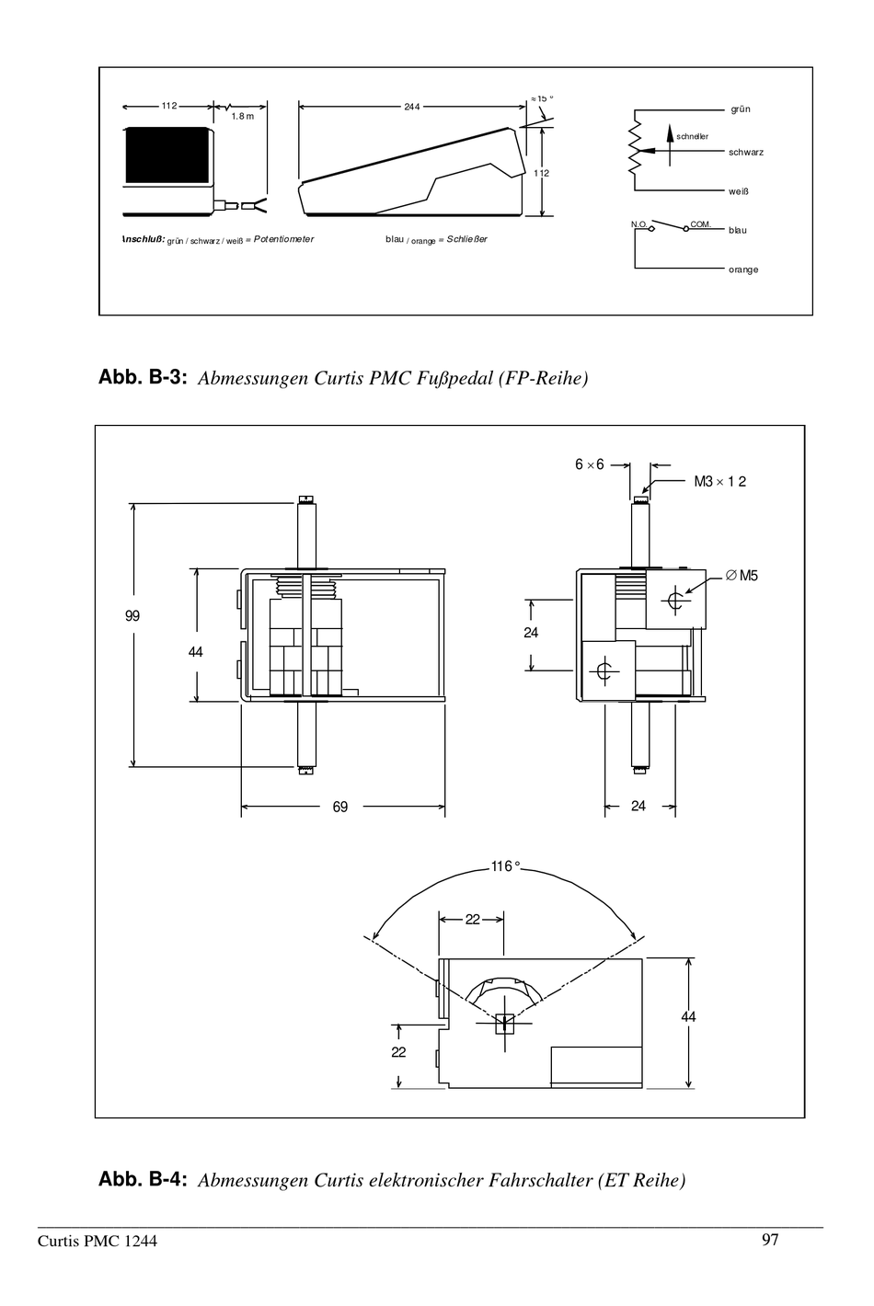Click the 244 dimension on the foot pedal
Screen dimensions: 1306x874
pyautogui.click(x=411, y=107)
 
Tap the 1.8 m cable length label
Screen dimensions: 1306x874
pyautogui.click(x=242, y=117)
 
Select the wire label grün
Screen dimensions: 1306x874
pyautogui.click(x=741, y=109)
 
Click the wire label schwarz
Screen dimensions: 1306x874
pyautogui.click(x=746, y=153)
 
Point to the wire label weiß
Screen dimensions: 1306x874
pyautogui.click(x=739, y=192)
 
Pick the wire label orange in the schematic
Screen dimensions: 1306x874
pyautogui.click(x=743, y=269)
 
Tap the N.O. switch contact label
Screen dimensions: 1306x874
pyautogui.click(x=639, y=223)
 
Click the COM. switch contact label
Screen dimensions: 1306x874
pyautogui.click(x=700, y=223)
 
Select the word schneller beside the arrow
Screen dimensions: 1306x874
pyautogui.click(x=692, y=136)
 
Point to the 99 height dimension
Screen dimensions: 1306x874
pyautogui.click(x=132, y=616)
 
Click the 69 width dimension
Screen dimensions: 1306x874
pyautogui.click(x=340, y=807)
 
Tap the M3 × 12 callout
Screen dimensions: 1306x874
pyautogui.click(x=719, y=481)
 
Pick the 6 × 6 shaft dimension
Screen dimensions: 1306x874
pyautogui.click(x=590, y=464)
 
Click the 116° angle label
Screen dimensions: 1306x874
pyautogui.click(x=505, y=866)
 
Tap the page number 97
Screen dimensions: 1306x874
pyautogui.click(x=770, y=1240)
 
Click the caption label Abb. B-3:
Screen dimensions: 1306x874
pyautogui.click(x=143, y=377)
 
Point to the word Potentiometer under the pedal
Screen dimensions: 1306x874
pyautogui.click(x=283, y=239)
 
